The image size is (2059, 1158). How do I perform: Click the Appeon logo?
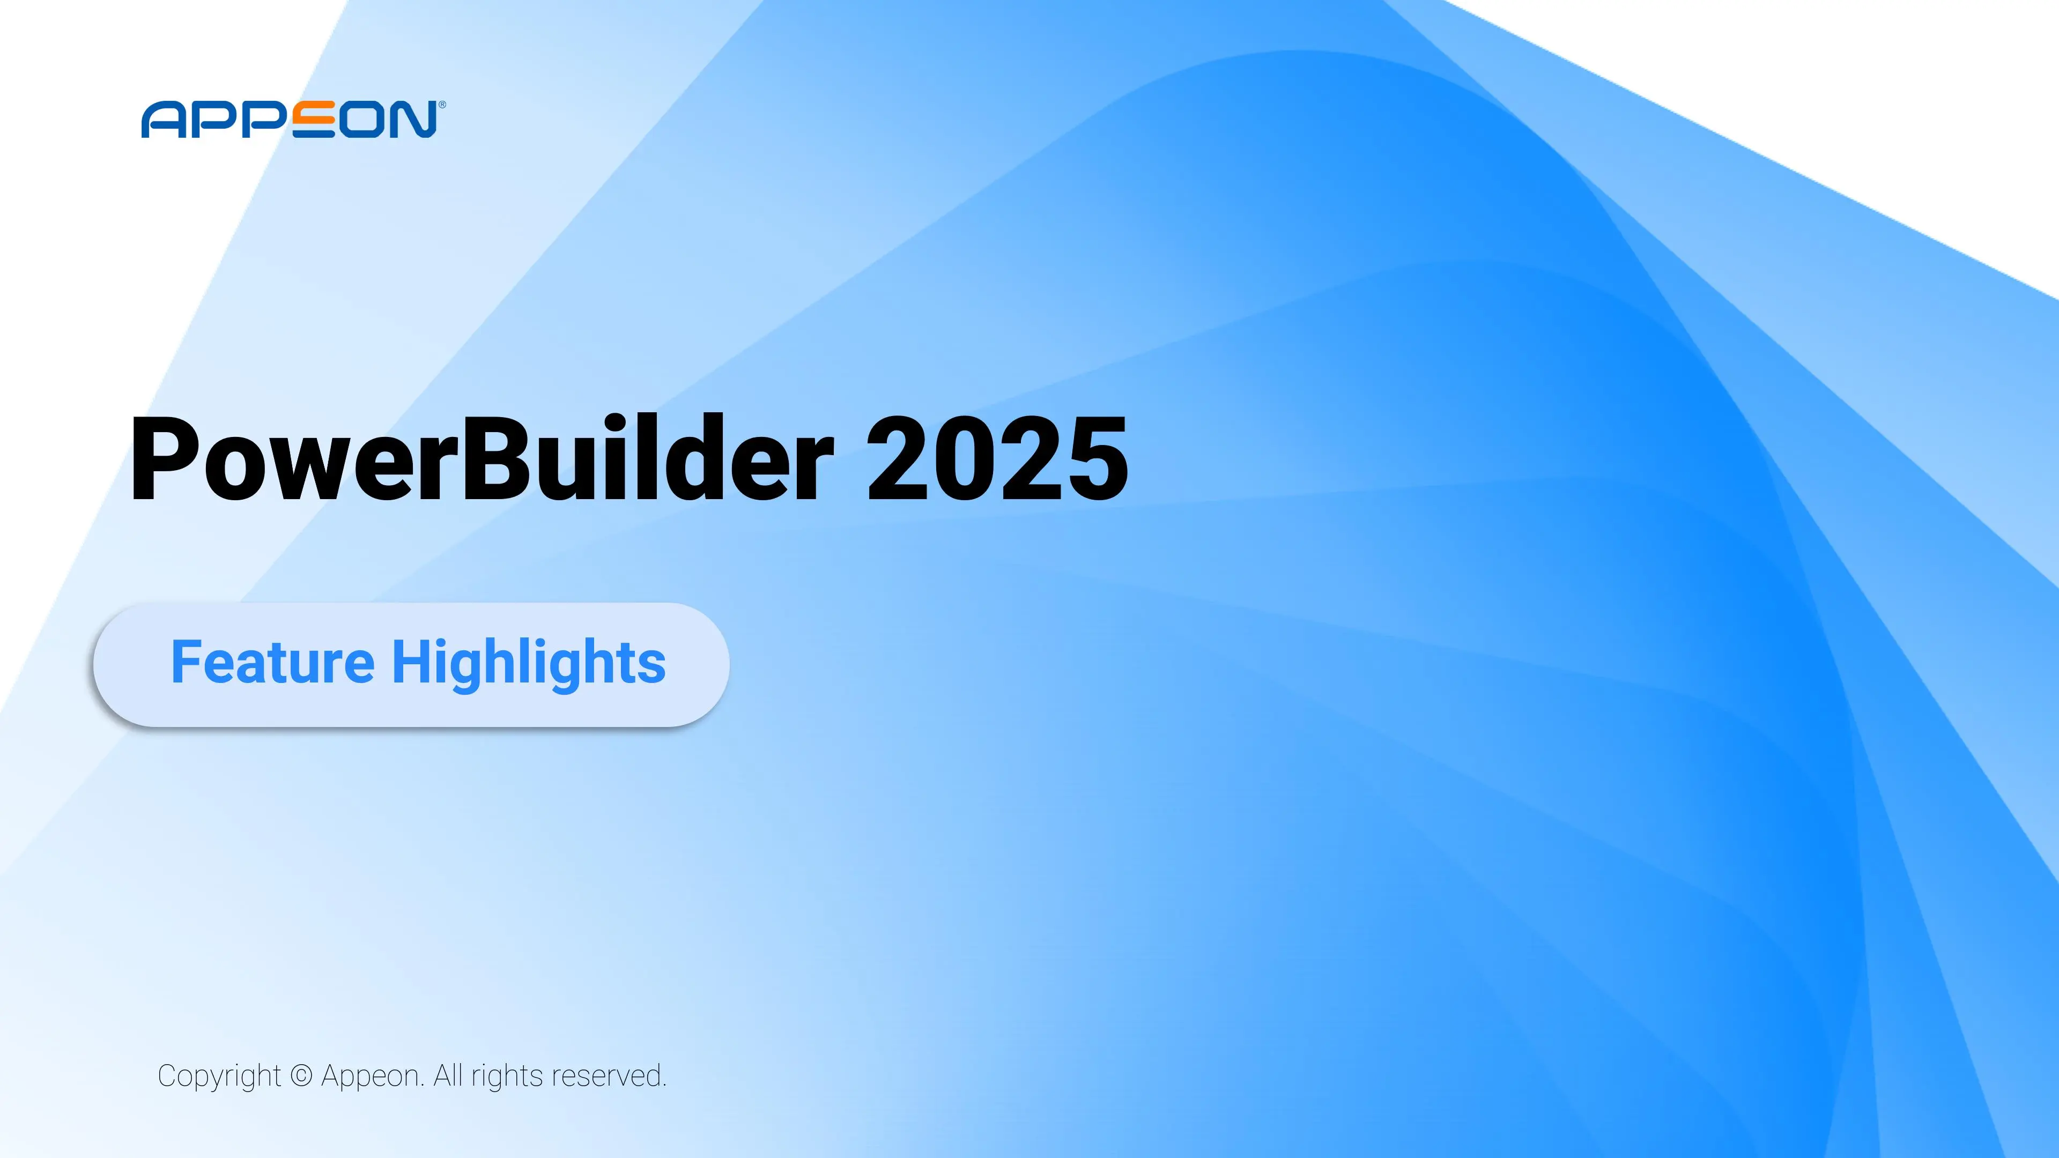pos(290,120)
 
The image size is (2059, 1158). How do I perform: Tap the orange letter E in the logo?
pos(313,120)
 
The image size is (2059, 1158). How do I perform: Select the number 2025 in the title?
pos(997,461)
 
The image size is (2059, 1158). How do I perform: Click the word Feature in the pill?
pos(272,663)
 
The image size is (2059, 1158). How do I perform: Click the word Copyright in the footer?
pos(219,1077)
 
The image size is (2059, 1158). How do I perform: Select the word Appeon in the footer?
pos(372,1077)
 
